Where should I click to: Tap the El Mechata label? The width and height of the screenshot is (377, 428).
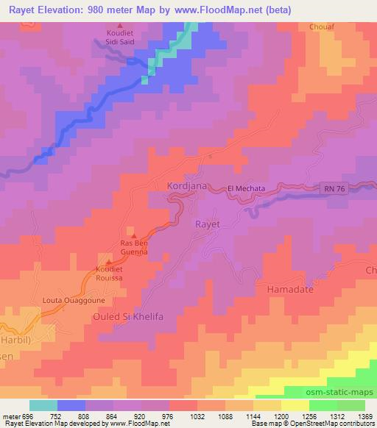[246, 188]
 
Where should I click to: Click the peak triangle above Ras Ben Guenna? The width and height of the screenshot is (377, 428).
[133, 234]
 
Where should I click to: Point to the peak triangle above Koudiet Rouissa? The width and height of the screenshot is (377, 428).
[110, 260]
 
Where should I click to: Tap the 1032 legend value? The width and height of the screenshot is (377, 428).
[198, 415]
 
